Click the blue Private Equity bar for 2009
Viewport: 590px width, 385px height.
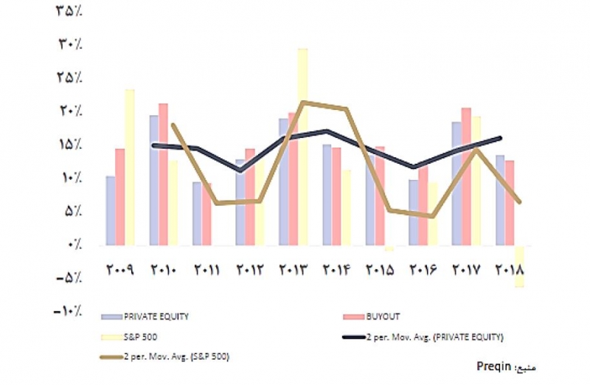pos(111,209)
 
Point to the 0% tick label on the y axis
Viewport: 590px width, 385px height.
pos(72,244)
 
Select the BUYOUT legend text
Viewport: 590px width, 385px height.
pos(383,316)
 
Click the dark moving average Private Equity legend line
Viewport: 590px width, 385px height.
pos(355,337)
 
